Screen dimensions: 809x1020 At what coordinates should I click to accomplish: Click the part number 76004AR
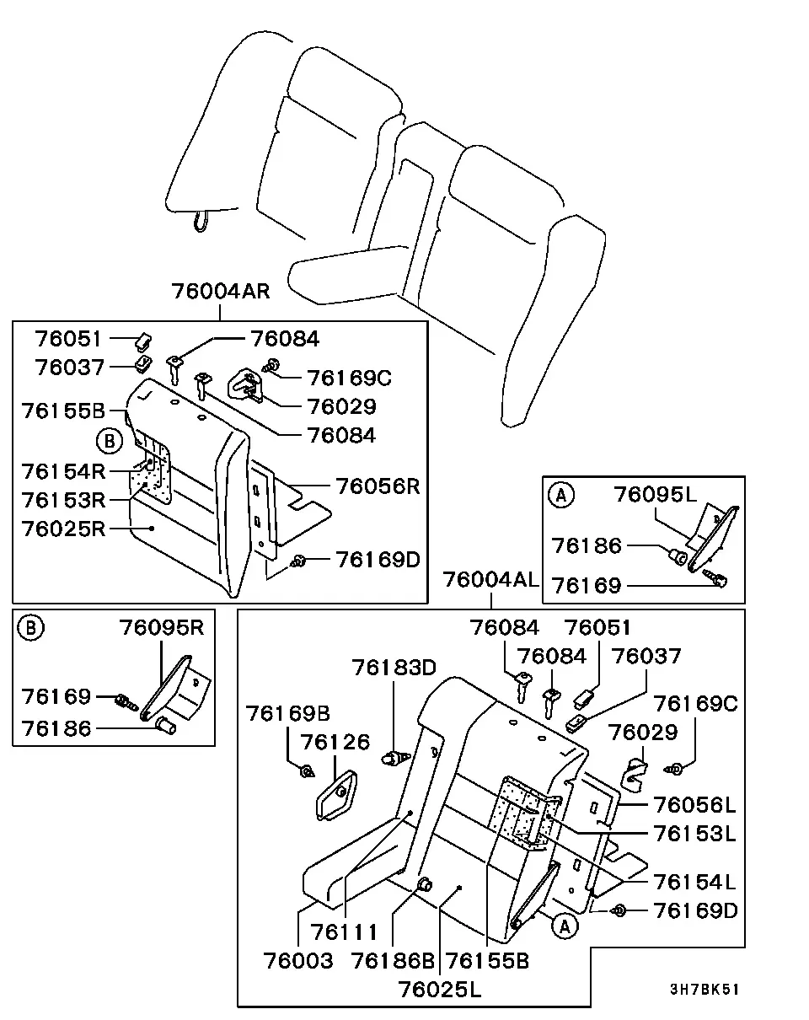[221, 291]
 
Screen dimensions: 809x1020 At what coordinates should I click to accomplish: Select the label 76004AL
[490, 580]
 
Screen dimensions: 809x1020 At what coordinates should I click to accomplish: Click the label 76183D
[394, 668]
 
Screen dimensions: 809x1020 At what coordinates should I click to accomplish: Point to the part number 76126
[335, 743]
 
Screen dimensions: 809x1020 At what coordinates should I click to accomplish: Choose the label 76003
[298, 961]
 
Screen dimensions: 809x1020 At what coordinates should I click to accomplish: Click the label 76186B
[393, 961]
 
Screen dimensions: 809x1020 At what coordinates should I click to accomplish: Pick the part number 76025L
[440, 990]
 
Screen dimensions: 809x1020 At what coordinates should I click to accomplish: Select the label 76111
[345, 932]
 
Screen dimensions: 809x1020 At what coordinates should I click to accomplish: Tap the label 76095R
[162, 627]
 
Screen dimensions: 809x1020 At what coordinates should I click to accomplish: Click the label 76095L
[656, 494]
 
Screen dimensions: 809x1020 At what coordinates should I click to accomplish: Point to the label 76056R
[378, 486]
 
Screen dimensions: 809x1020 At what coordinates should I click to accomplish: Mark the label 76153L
[694, 834]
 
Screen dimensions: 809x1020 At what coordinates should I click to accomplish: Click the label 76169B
[287, 714]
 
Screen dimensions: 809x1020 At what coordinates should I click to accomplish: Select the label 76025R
[63, 529]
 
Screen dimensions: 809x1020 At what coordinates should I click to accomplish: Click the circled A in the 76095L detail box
[561, 496]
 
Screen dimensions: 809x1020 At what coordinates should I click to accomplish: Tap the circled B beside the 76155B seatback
[110, 441]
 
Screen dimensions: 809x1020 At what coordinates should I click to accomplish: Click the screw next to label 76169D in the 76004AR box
[298, 561]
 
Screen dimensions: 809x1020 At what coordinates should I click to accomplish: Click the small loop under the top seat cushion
[201, 222]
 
